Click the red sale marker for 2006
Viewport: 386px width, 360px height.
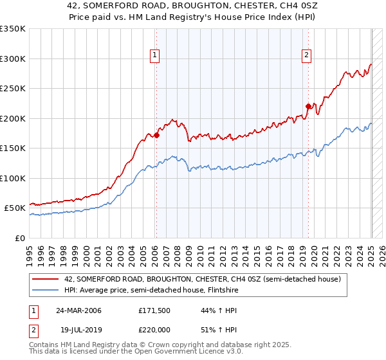(x=156, y=136)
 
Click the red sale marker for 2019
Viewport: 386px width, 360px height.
(x=308, y=106)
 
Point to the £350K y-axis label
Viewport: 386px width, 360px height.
(x=13, y=29)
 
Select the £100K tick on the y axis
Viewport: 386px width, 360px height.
(x=13, y=178)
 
